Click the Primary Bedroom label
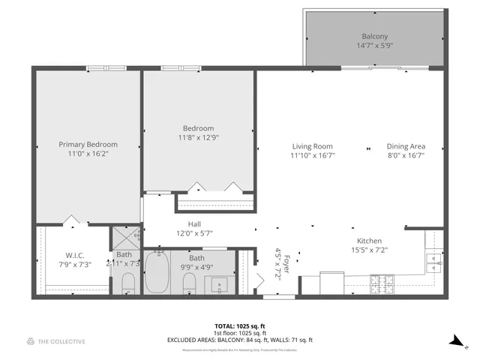(x=88, y=144)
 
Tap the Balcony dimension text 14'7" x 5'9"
(x=375, y=45)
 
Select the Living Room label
(x=312, y=146)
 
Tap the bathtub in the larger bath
(x=157, y=273)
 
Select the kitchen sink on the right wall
(x=433, y=259)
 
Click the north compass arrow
(x=454, y=340)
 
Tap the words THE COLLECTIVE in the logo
(x=62, y=341)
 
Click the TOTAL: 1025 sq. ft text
(x=239, y=326)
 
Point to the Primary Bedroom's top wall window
(x=99, y=69)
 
